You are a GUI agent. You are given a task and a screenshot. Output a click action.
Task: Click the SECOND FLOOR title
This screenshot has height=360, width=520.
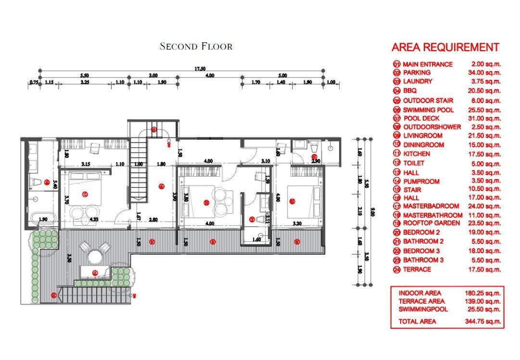click(196, 47)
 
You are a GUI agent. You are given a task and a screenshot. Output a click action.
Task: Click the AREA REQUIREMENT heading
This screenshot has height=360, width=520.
click(445, 47)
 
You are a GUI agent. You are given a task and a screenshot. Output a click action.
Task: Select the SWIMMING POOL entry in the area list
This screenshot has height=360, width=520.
click(428, 110)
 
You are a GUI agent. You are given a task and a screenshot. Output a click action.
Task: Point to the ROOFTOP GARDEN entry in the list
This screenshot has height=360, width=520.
click(431, 223)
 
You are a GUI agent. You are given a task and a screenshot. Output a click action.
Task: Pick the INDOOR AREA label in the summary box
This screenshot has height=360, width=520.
click(419, 293)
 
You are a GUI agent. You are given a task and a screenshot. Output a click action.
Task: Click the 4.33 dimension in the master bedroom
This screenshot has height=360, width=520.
click(93, 220)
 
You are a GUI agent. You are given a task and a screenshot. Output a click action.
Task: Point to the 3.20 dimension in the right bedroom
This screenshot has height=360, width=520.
click(297, 224)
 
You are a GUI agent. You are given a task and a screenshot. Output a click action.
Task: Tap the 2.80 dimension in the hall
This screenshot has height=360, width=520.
click(153, 220)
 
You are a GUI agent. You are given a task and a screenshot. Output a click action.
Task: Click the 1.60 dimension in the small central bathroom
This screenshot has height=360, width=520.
click(256, 239)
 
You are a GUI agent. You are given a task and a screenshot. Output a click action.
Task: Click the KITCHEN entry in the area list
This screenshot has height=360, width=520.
click(416, 154)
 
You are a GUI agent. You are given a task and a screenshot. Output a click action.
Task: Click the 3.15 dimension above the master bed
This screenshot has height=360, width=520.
click(86, 165)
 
